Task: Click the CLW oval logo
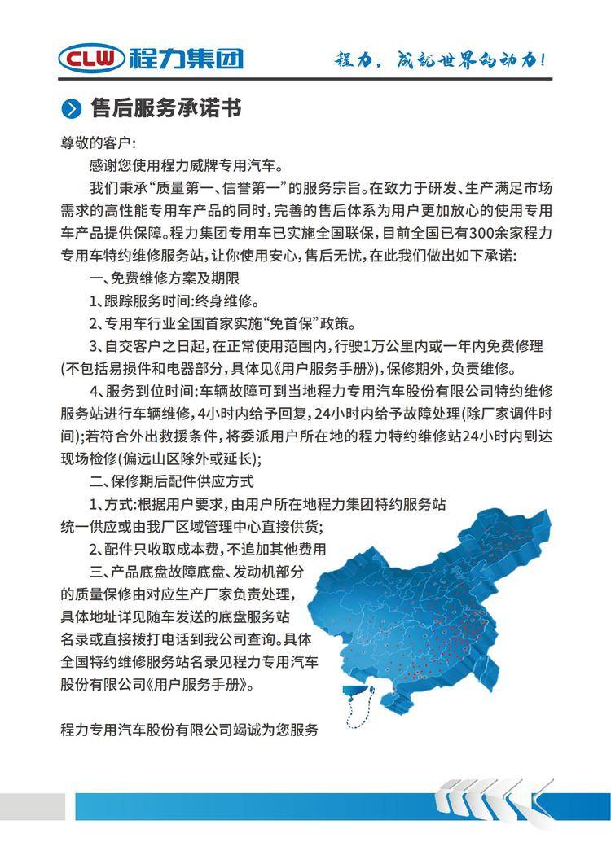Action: (91, 58)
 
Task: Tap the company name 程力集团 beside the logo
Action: (186, 58)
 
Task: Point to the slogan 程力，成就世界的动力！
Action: (441, 59)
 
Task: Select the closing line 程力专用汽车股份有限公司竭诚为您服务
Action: (189, 729)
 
